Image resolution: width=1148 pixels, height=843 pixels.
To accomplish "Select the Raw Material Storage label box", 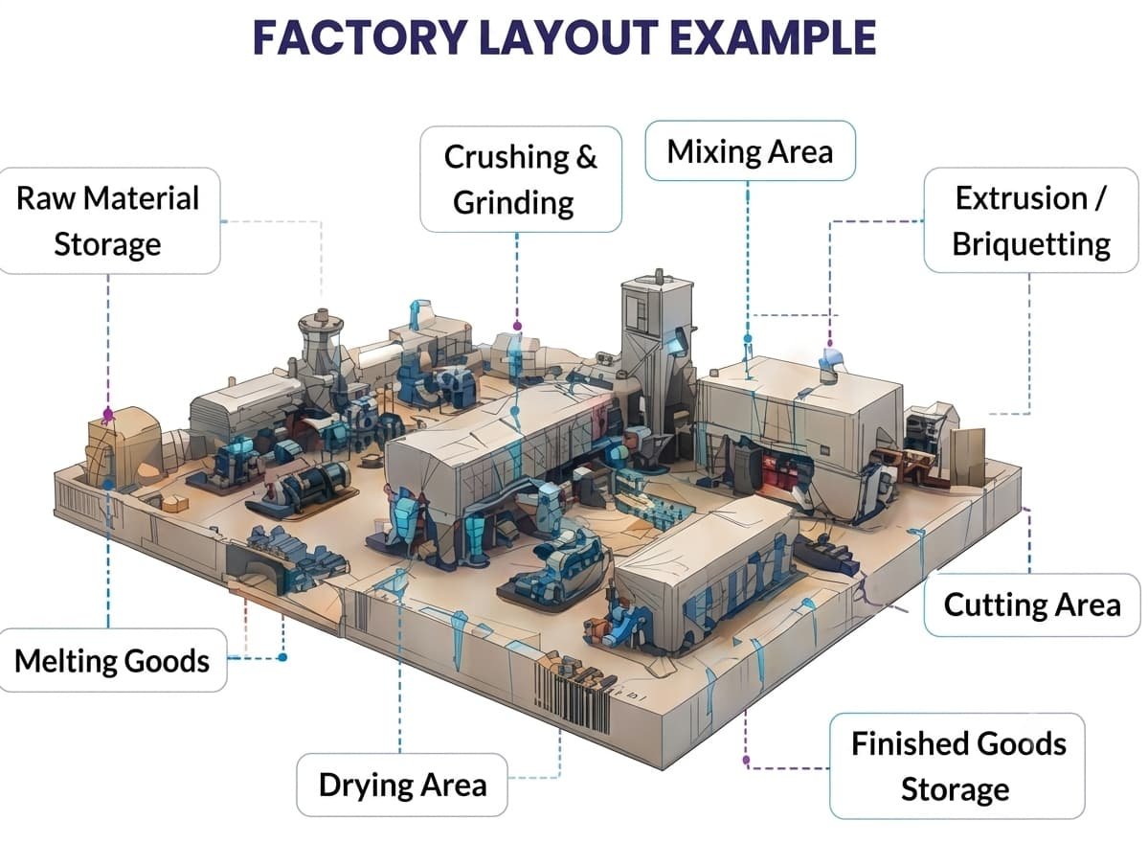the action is click(108, 220).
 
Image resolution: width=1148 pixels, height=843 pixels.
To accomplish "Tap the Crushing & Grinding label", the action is click(521, 179).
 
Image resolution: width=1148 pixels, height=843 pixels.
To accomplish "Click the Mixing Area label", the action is click(750, 150).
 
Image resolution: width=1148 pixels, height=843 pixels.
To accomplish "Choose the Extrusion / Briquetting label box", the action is click(1031, 220).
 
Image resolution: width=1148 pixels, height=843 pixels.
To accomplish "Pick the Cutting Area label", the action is click(1031, 605).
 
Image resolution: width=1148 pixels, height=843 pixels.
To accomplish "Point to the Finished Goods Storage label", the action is click(957, 765).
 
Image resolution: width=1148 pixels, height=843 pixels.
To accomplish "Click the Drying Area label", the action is click(402, 785).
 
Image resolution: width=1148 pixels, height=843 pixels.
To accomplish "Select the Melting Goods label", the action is click(112, 660).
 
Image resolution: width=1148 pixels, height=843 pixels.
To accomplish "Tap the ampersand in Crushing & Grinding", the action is click(586, 157).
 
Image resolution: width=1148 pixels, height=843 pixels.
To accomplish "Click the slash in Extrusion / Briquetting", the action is click(1100, 197).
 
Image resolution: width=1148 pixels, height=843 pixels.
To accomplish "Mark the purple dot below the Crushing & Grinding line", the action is click(518, 326).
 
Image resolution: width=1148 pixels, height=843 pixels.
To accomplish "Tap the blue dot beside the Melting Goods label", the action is click(282, 658).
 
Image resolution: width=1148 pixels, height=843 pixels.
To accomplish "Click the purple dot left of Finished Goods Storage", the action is click(746, 761).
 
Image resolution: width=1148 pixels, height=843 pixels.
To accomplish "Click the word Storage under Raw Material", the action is click(107, 244).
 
